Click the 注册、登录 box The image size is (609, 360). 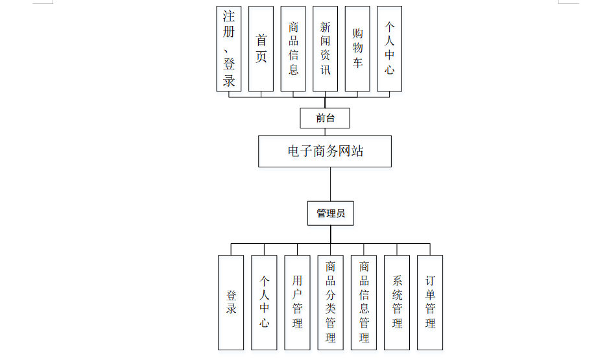229,49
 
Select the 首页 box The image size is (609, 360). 261,49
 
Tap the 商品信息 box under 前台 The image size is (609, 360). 293,49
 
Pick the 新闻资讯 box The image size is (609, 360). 325,49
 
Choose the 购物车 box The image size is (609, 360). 357,49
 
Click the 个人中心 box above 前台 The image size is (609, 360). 389,49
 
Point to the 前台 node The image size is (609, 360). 325,118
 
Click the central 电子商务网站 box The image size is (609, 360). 325,151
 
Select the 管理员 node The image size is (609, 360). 331,213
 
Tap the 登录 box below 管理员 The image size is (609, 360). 231,302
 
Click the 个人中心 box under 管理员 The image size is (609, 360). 264,302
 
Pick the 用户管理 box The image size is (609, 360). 297,302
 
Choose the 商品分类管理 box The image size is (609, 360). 331,302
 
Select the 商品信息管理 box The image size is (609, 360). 364,302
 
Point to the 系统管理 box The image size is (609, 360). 397,302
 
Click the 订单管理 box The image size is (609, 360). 430,302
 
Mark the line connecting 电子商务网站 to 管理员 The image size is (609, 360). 331,184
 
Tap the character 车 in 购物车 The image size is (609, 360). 357,63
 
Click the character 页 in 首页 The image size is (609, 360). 261,57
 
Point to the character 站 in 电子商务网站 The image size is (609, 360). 356,152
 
